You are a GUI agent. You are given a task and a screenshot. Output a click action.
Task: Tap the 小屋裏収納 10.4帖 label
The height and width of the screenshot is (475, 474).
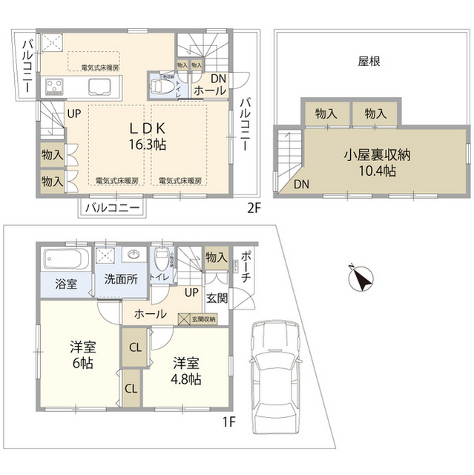pyautogui.click(x=369, y=163)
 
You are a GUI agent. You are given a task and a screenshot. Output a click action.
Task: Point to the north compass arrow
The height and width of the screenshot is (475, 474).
pyautogui.click(x=361, y=279)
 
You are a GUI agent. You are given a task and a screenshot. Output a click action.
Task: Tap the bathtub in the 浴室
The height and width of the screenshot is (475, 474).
pyautogui.click(x=65, y=261)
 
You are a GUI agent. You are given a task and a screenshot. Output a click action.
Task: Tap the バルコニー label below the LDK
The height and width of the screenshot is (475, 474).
pyautogui.click(x=111, y=208)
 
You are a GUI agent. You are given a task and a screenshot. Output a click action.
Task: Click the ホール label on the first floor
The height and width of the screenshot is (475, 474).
pyautogui.click(x=150, y=314)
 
